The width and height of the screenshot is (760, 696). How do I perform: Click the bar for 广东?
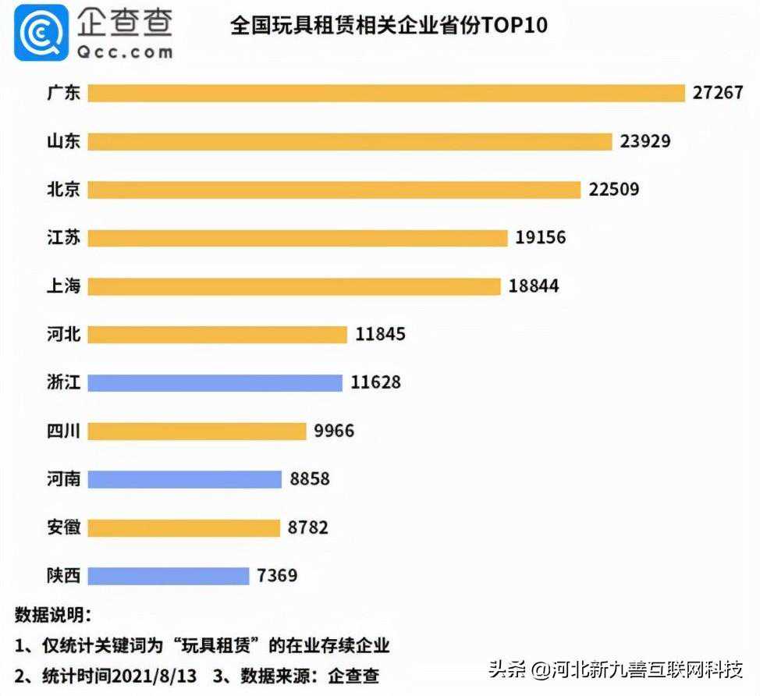click(x=385, y=94)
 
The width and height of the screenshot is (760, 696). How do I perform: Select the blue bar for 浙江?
click(x=215, y=382)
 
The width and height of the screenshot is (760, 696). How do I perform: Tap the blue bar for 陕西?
click(x=168, y=576)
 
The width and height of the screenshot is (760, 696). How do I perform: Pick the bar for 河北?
click(x=217, y=335)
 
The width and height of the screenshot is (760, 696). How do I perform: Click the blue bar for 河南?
click(x=184, y=479)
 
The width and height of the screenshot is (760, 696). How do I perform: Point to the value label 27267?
click(x=718, y=93)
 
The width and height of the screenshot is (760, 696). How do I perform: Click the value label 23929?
click(x=645, y=141)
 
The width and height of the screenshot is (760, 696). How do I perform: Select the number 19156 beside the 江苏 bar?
click(x=540, y=238)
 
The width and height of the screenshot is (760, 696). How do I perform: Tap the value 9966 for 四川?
click(x=333, y=431)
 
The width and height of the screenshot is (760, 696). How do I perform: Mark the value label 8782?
click(x=308, y=527)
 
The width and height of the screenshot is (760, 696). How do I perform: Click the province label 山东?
click(x=63, y=141)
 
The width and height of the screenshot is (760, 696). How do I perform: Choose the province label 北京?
click(x=63, y=190)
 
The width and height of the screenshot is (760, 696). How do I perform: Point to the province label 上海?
click(x=63, y=286)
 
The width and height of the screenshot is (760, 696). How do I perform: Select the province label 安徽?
click(x=63, y=527)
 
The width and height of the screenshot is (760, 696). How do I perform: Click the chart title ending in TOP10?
click(x=389, y=26)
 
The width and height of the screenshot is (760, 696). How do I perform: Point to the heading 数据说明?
click(x=53, y=614)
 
